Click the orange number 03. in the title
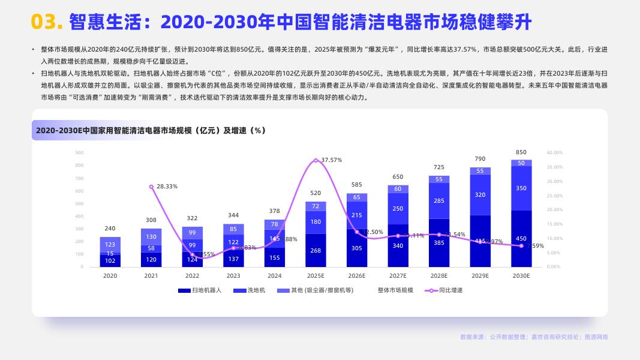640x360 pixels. pyautogui.click(x=47, y=22)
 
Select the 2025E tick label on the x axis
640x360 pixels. pyautogui.click(x=316, y=276)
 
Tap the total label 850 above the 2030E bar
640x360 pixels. pyautogui.click(x=521, y=152)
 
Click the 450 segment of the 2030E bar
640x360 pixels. pyautogui.click(x=521, y=239)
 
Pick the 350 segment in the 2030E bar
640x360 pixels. pyautogui.click(x=521, y=188)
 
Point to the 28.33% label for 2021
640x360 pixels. pyautogui.click(x=167, y=187)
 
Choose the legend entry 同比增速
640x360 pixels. pyautogui.click(x=450, y=290)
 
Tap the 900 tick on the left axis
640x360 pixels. pyautogui.click(x=79, y=152)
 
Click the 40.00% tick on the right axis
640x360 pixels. pyautogui.click(x=555, y=152)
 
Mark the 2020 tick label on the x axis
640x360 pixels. pyautogui.click(x=110, y=276)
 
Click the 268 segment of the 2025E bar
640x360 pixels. pyautogui.click(x=316, y=250)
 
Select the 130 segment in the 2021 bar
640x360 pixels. pyautogui.click(x=151, y=237)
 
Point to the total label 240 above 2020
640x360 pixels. pyautogui.click(x=110, y=229)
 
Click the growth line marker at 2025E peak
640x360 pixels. pyautogui.click(x=316, y=160)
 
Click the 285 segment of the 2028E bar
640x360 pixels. pyautogui.click(x=439, y=201)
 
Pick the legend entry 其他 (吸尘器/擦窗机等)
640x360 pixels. pyautogui.click(x=322, y=290)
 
